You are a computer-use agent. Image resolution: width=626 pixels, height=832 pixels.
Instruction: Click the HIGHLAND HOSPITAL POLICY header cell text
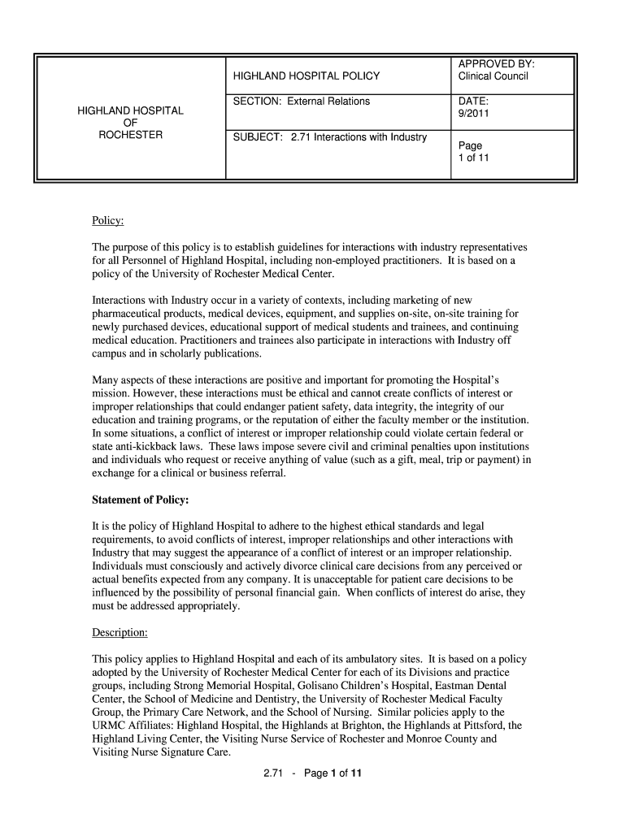pyautogui.click(x=306, y=76)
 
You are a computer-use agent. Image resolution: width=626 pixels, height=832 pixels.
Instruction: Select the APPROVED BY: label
pyautogui.click(x=496, y=64)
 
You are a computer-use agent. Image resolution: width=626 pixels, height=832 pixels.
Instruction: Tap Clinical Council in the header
pyautogui.click(x=493, y=76)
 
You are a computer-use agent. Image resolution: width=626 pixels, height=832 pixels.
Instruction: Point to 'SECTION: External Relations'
pyautogui.click(x=302, y=102)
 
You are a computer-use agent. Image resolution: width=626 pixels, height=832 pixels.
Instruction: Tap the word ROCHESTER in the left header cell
pyautogui.click(x=130, y=135)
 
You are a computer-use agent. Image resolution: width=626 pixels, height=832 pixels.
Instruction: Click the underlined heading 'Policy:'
pyautogui.click(x=107, y=221)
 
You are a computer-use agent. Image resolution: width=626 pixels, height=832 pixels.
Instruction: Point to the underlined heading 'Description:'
pyautogui.click(x=120, y=633)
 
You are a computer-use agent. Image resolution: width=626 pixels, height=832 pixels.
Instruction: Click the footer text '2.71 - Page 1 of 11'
pyautogui.click(x=312, y=773)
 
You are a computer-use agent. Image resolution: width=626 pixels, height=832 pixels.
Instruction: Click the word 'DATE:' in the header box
pyautogui.click(x=473, y=102)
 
